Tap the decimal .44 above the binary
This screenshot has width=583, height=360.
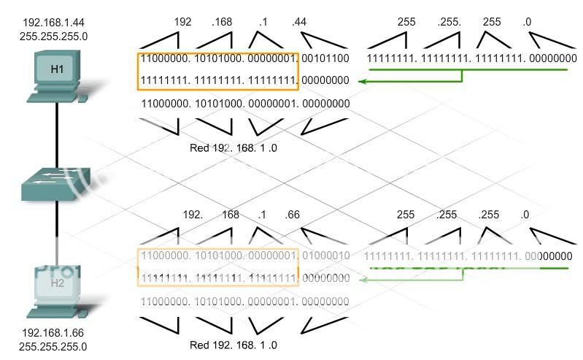(298, 22)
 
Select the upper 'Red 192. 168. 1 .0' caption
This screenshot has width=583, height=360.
(233, 148)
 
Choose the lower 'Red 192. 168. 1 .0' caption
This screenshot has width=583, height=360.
(233, 345)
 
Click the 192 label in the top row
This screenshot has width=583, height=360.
(182, 22)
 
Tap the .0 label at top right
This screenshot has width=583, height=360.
(526, 22)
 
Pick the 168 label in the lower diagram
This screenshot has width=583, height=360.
(231, 215)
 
